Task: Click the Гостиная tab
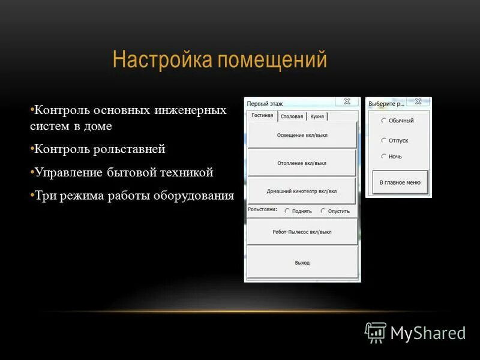point(262,116)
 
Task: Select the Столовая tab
point(292,116)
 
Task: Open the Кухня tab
point(317,116)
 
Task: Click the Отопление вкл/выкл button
point(302,163)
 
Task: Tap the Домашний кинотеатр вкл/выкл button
point(302,191)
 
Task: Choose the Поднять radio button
point(287,211)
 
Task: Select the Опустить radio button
point(323,211)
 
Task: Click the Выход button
point(302,263)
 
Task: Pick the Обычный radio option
point(384,121)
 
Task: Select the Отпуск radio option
point(384,140)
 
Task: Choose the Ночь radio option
point(384,157)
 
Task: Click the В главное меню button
point(400,182)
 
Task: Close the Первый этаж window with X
point(347,102)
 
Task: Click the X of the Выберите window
point(418,102)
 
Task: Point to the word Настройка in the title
point(162,60)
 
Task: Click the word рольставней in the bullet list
point(133,149)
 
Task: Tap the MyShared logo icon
point(376,332)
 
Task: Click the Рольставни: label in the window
point(262,210)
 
